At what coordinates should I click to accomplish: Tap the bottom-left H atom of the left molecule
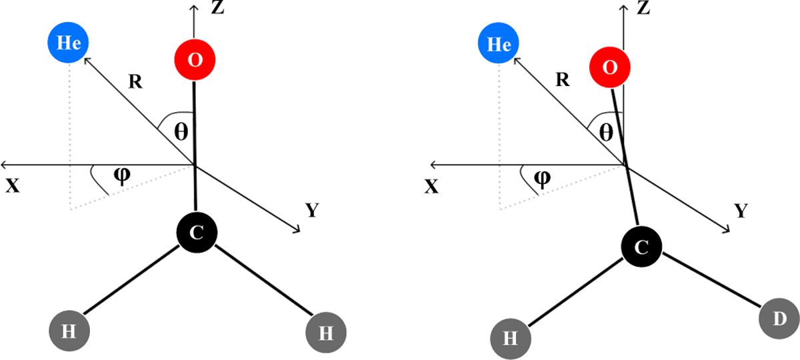point(69,331)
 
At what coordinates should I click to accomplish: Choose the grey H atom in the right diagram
point(511,338)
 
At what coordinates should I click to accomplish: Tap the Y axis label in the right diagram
point(740,211)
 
